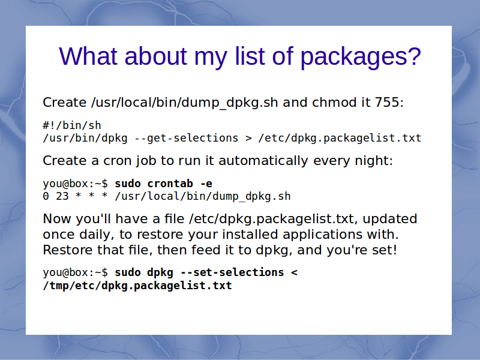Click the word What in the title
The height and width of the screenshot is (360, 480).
[88, 56]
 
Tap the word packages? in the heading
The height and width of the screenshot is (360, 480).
[361, 58]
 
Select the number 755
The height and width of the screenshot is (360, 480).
[387, 102]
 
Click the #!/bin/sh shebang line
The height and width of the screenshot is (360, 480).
[72, 125]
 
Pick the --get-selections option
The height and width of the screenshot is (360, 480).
[187, 138]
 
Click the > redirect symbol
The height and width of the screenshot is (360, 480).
[248, 139]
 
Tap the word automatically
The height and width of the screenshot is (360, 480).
[263, 161]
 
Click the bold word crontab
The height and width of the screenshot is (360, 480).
[170, 184]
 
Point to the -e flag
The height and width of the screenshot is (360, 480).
[206, 184]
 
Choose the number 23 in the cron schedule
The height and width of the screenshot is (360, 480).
[62, 196]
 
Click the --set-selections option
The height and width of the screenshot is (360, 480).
[232, 272]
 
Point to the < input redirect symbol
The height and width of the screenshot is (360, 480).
[294, 273]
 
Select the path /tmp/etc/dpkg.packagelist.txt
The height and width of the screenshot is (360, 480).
[137, 286]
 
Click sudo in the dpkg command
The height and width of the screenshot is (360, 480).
[128, 272]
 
